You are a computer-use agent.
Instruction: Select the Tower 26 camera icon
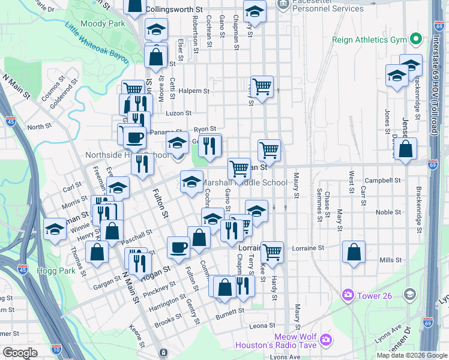click(x=348, y=295)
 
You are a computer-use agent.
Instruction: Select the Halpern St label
click(x=194, y=92)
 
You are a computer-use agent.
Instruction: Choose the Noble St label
click(x=388, y=212)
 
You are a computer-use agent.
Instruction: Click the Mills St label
click(x=391, y=260)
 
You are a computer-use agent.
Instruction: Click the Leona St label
click(x=262, y=326)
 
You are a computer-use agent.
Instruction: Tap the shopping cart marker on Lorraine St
click(x=272, y=252)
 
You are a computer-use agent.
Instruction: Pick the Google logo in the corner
click(x=20, y=353)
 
